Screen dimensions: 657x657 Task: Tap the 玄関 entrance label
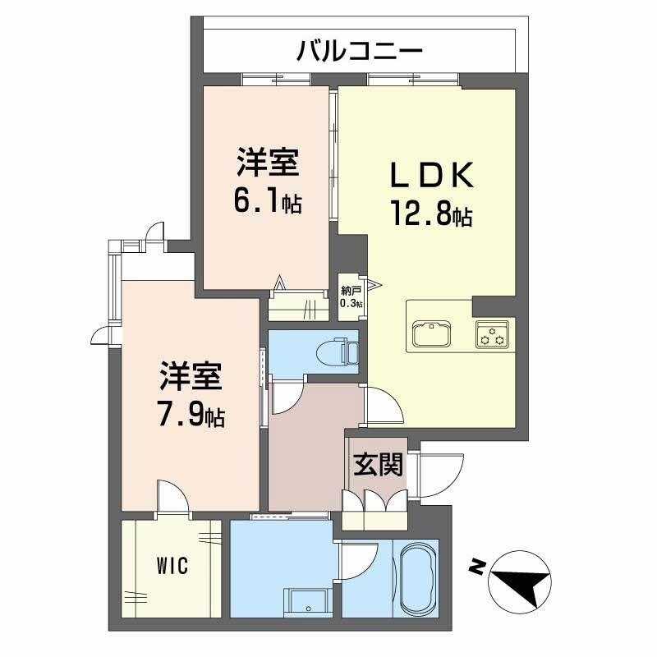point(379,466)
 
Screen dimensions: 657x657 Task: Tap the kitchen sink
point(430,334)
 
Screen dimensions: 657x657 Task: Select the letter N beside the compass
point(475,566)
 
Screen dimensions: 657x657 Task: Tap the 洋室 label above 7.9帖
point(191,377)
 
